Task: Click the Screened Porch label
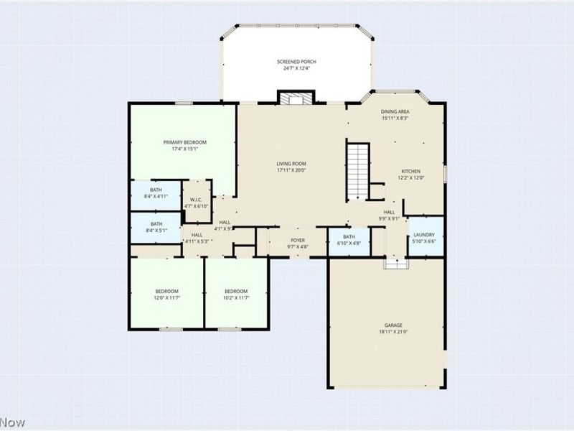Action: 296,62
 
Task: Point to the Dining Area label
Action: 395,112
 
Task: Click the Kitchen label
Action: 411,171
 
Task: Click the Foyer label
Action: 297,240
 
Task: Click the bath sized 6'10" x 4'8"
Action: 349,240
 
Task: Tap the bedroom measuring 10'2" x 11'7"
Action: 236,295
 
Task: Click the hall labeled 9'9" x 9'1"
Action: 389,215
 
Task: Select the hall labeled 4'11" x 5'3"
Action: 197,238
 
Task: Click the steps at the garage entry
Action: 395,264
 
